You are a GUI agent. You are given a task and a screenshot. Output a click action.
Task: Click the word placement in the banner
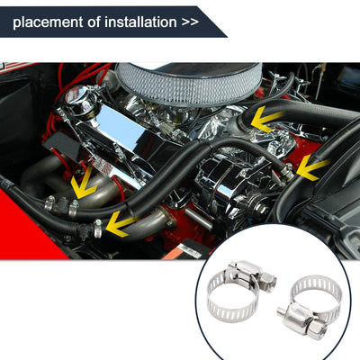click(x=49, y=22)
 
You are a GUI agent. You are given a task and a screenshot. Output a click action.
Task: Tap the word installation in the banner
click(x=140, y=22)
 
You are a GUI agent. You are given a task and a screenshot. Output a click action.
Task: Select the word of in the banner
click(x=94, y=22)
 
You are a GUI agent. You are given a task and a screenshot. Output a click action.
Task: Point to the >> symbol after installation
click(x=190, y=22)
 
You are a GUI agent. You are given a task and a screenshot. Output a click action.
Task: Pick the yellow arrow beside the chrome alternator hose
click(x=312, y=168)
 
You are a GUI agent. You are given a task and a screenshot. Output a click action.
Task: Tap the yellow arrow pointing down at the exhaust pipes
click(x=83, y=184)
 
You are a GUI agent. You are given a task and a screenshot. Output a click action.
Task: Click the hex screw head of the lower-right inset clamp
click(x=318, y=330)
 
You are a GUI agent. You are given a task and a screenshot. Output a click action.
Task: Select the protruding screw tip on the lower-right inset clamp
click(x=281, y=310)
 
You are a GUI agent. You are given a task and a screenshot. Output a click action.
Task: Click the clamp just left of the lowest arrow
click(x=98, y=229)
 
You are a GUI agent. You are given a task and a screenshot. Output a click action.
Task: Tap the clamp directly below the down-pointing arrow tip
click(x=74, y=208)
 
